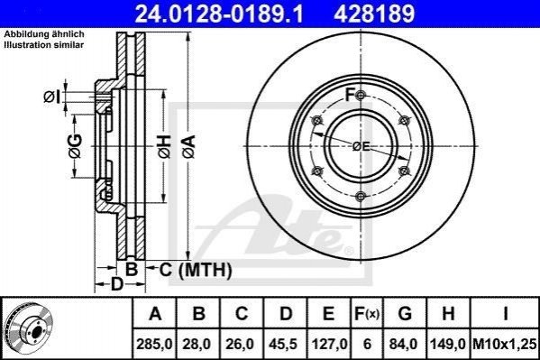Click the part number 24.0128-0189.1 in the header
[219, 14]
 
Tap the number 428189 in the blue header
[374, 14]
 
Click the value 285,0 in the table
[154, 344]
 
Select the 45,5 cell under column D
[284, 344]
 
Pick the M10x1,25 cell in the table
[505, 344]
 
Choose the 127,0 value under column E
[329, 344]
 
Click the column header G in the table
[405, 314]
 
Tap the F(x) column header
[367, 314]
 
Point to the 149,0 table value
[448, 344]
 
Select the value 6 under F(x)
[367, 344]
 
